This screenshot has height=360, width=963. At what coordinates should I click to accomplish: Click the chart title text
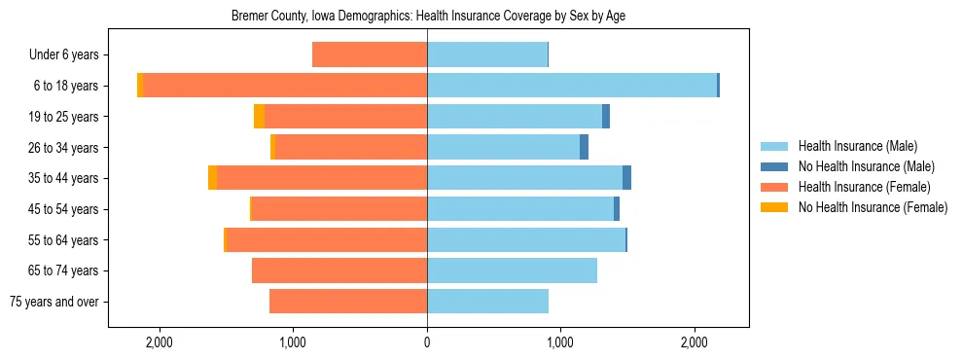[x=427, y=17]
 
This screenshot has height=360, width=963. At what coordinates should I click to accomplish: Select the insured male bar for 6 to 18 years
[x=572, y=86]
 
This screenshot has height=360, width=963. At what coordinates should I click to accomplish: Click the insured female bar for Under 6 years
[x=370, y=55]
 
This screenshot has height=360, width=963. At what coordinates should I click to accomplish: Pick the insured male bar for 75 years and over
[x=487, y=302]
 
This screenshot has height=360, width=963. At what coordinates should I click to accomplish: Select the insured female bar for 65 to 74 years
[x=339, y=270]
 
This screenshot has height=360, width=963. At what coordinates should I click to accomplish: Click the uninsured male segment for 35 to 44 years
[x=627, y=178]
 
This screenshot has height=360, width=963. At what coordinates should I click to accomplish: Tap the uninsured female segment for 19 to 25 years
[x=259, y=117]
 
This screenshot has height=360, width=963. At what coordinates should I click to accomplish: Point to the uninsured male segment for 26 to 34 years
[x=584, y=147]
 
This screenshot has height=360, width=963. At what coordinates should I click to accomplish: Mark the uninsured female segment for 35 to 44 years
[x=212, y=178]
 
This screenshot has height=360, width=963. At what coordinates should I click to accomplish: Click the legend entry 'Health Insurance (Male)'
[x=857, y=146]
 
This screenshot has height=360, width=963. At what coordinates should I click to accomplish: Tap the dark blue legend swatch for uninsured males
[x=774, y=166]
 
